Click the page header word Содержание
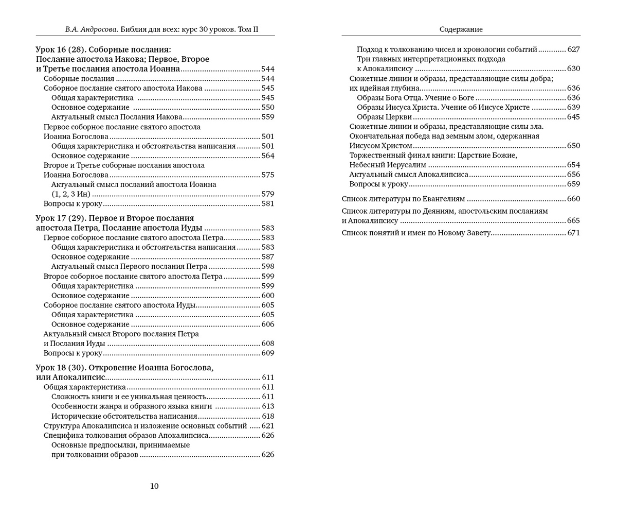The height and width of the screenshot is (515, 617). click(461, 29)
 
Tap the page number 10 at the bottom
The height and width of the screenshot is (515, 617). click(154, 486)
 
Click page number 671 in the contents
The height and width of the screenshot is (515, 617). click(573, 233)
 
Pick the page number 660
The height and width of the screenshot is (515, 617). click(573, 199)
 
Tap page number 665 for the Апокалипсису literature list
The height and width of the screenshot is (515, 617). click(573, 220)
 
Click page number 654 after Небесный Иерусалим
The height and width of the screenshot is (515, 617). click(573, 165)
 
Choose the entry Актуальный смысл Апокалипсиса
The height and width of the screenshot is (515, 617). click(409, 175)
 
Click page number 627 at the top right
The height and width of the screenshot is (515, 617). click(573, 49)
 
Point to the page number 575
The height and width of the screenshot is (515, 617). click(268, 175)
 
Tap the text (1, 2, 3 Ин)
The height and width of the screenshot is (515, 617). click(71, 194)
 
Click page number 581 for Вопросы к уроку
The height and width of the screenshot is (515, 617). click(268, 203)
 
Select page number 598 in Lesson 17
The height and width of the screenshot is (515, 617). click(268, 266)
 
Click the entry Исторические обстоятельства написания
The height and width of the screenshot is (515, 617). click(124, 416)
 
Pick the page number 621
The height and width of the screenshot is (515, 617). click(268, 426)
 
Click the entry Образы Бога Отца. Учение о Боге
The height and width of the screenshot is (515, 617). click(415, 98)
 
